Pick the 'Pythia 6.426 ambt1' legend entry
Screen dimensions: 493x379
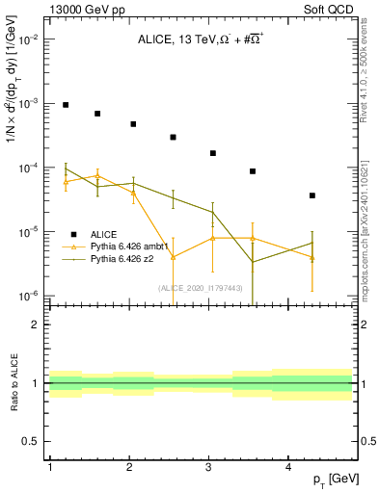point(131,246)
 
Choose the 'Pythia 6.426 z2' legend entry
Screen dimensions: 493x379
point(123,259)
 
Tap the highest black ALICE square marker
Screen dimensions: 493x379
point(66,105)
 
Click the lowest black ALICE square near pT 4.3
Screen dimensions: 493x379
point(312,195)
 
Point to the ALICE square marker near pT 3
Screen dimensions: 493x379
point(212,153)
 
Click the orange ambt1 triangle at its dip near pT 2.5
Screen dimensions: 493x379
point(173,257)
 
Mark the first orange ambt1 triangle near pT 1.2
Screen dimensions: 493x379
point(66,181)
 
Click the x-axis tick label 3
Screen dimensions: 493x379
point(209,467)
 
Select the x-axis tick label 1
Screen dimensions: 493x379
point(49,467)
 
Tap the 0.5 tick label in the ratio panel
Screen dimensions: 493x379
point(30,441)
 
